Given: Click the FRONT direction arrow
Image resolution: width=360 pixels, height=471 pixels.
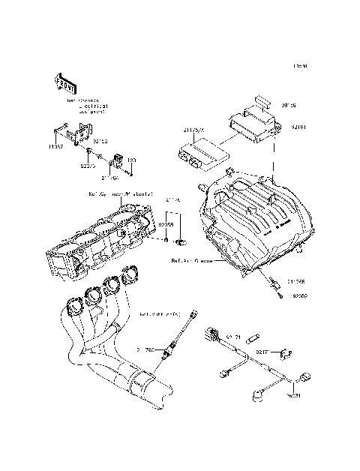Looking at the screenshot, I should (x=63, y=81).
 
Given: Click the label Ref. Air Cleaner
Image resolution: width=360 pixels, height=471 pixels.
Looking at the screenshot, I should (x=192, y=262).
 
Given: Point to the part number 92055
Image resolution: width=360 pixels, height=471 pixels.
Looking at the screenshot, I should (x=165, y=223).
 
